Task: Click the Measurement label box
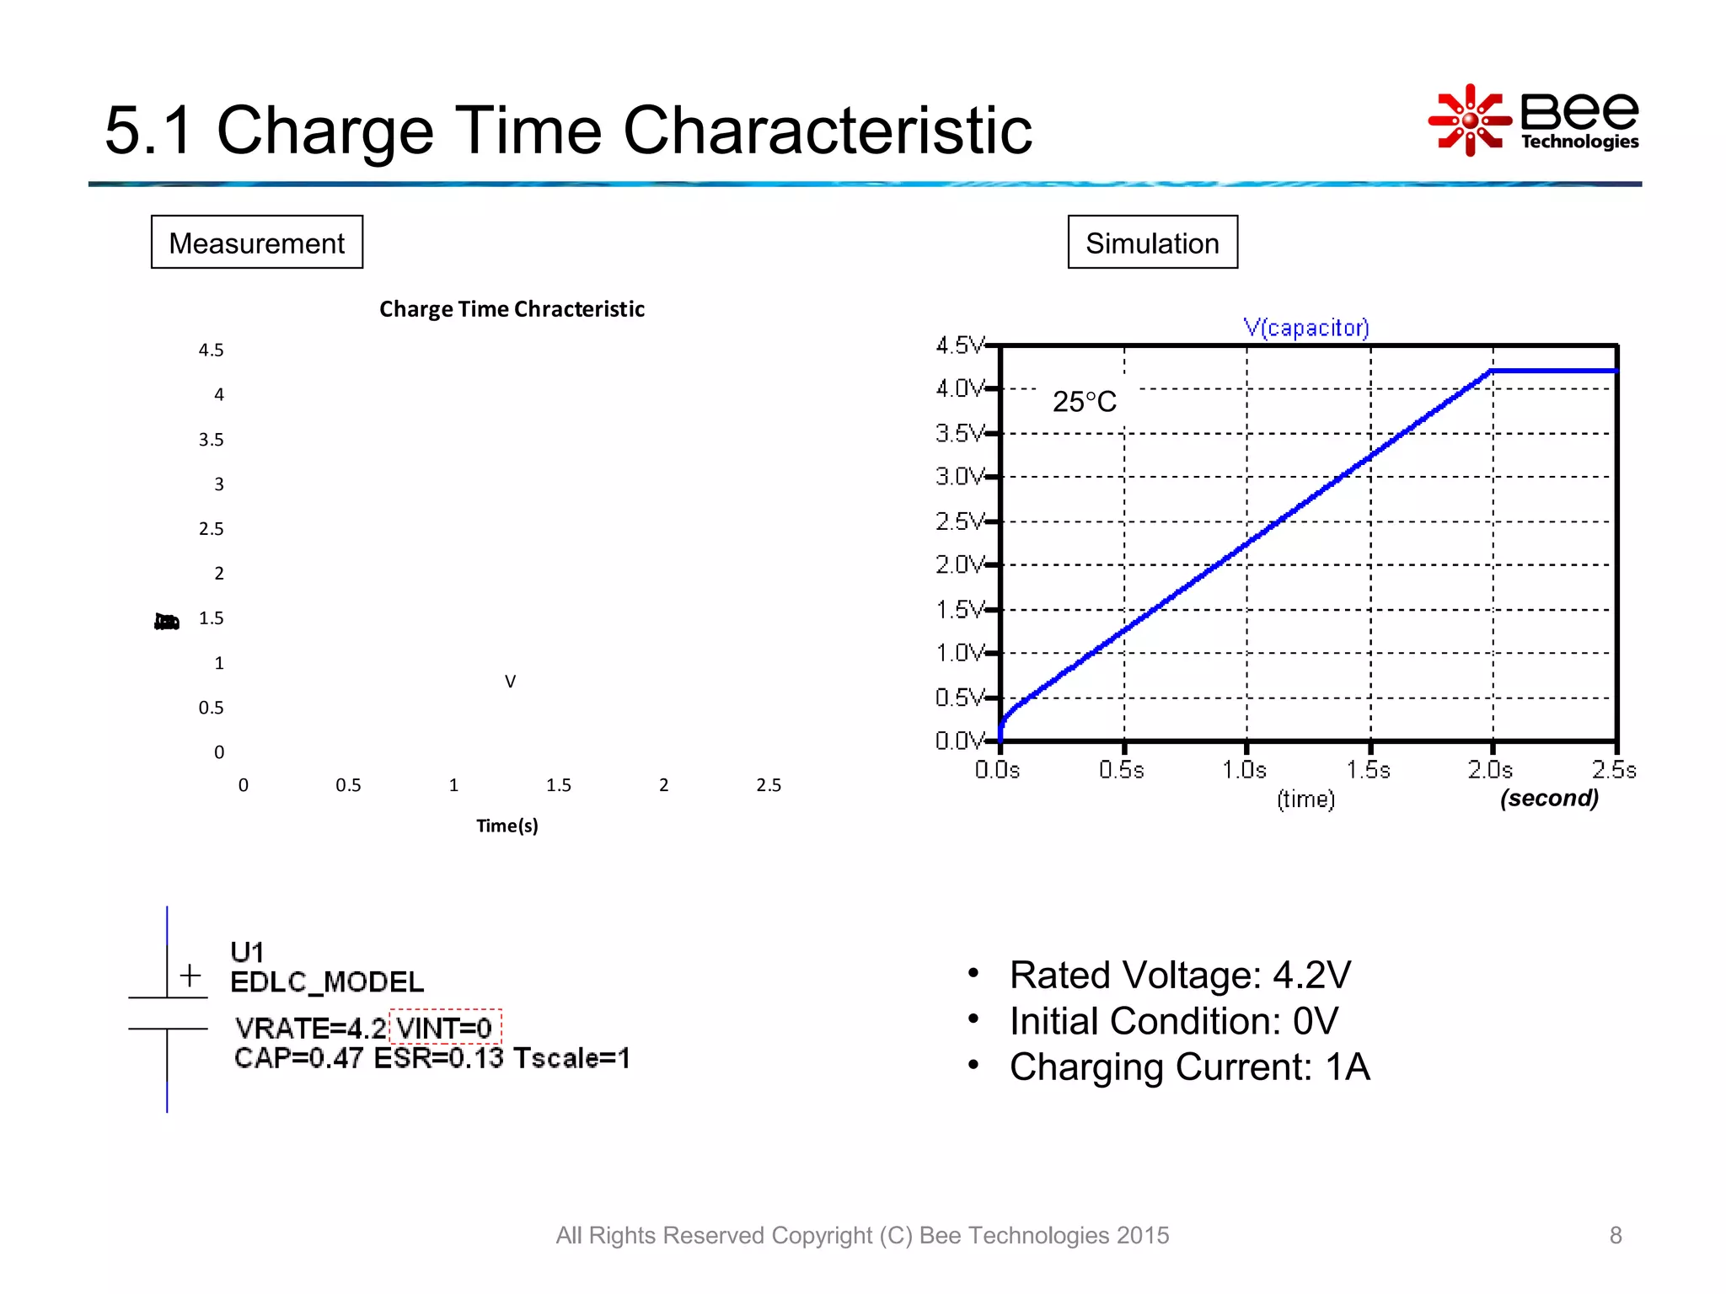[256, 243]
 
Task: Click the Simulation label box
[1152, 243]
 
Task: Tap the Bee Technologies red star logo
[1469, 120]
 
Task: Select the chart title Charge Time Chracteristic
[512, 309]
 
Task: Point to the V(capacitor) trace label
[1305, 328]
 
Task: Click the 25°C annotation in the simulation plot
[1084, 402]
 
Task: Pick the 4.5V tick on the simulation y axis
[960, 345]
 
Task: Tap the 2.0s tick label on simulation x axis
[1489, 770]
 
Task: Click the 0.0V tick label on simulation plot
[960, 741]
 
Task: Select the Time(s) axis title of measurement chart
[507, 826]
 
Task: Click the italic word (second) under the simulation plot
[1549, 798]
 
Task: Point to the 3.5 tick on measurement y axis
[211, 440]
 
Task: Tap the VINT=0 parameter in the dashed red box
[445, 1028]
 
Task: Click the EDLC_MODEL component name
[327, 982]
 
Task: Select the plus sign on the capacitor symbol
[190, 976]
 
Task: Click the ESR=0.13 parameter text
[438, 1058]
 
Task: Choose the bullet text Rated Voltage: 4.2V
[1180, 976]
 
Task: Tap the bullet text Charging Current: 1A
[1189, 1067]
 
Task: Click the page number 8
[1615, 1235]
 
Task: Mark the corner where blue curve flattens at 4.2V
[1492, 371]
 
